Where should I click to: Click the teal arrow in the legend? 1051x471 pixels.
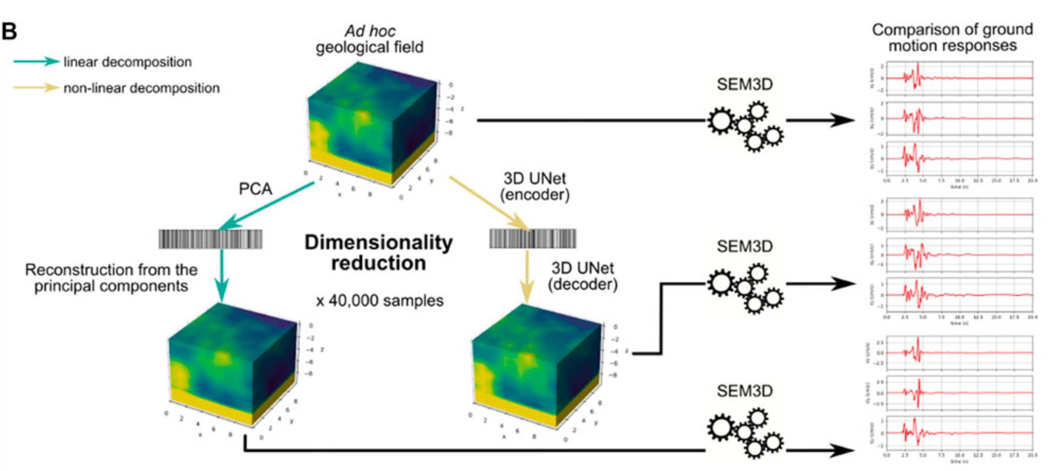(36, 62)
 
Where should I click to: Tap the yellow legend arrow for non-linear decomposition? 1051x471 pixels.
(36, 88)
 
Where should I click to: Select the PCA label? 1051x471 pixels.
(255, 189)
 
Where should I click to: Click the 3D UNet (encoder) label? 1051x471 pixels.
(535, 187)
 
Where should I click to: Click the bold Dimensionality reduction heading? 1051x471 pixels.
(379, 252)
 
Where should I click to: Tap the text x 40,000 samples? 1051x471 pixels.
(380, 301)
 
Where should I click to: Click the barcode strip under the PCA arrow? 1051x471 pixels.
(211, 239)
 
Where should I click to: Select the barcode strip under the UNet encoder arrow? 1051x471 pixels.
(532, 239)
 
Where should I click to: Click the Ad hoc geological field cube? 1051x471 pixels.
(371, 125)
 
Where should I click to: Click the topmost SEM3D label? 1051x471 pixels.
(745, 84)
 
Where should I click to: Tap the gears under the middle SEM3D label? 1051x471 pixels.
(745, 290)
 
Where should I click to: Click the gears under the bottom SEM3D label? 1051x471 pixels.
(745, 433)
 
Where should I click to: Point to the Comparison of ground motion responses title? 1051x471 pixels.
(952, 37)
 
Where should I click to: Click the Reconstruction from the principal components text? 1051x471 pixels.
(111, 278)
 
